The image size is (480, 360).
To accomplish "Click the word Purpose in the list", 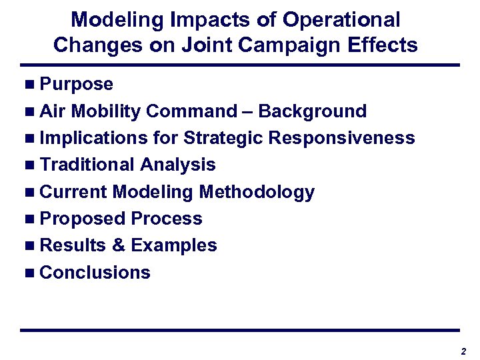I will (x=76, y=85).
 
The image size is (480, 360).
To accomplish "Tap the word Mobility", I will (x=105, y=111).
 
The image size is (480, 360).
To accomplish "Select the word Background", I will (x=312, y=111).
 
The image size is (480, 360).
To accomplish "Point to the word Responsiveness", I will (x=341, y=138).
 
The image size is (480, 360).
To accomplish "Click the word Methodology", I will (x=257, y=192).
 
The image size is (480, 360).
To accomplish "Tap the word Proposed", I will (x=83, y=219).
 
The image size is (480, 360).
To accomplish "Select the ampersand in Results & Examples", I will (x=119, y=245).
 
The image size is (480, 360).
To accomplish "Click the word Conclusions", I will (x=95, y=273).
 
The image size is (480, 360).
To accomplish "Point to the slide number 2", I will (x=463, y=351).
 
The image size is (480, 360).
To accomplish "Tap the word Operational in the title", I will (x=341, y=19).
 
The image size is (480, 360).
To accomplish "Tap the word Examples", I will (x=174, y=246).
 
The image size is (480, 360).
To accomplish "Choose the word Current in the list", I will (x=73, y=192).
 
